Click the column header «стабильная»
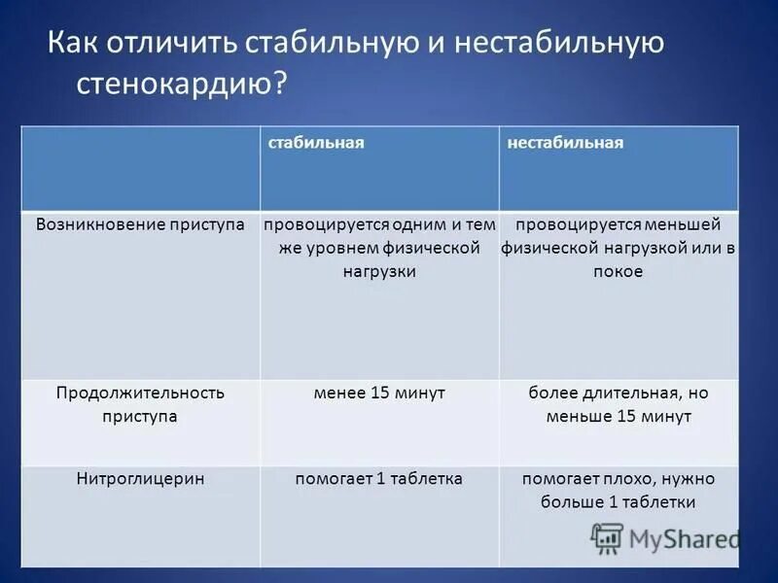coord(316,143)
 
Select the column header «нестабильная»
coord(565,143)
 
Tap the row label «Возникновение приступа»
coord(140,224)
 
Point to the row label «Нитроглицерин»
coord(140,479)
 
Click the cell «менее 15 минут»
coord(379,394)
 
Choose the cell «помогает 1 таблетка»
coord(379,479)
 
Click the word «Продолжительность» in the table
coord(140,394)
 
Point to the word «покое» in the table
coord(619,272)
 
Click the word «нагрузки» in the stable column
coord(379,272)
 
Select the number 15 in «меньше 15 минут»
coord(626,417)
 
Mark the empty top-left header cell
coord(140,167)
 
